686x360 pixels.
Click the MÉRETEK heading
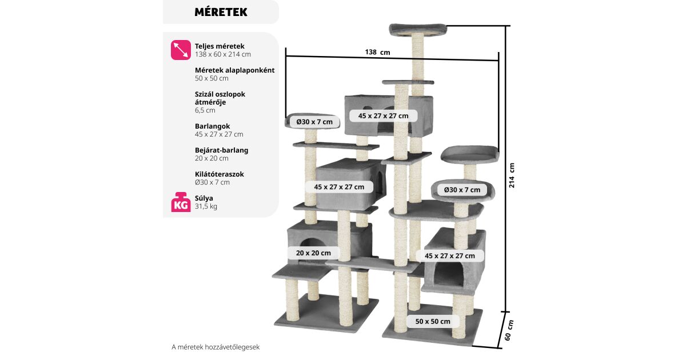[221, 12]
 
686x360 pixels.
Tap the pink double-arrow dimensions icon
[181, 50]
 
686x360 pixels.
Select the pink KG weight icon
[181, 202]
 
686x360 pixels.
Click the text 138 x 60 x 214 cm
[222, 54]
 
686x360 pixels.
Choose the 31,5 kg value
[206, 206]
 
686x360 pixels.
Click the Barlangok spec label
[212, 126]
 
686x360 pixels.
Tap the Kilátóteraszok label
[219, 174]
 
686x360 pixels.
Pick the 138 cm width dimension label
[377, 52]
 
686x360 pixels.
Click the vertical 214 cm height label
[512, 175]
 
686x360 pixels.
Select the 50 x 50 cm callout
[433, 321]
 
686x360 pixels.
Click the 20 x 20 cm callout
[313, 253]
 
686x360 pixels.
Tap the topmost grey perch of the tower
[418, 29]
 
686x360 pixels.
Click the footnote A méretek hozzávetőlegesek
[219, 346]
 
